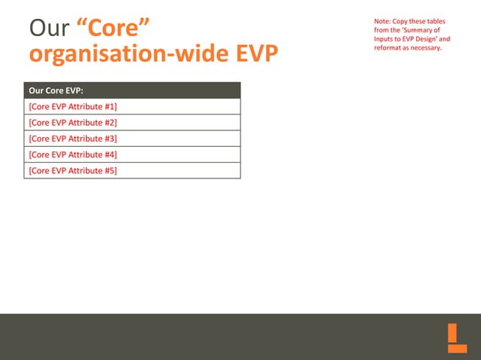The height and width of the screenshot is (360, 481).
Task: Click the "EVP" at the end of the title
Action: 248,55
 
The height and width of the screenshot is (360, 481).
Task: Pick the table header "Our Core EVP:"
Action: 56,90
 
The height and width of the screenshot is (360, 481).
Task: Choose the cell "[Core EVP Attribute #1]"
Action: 72,106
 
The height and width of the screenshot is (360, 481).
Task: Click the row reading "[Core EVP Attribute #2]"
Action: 72,122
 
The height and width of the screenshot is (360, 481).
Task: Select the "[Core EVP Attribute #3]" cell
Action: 72,139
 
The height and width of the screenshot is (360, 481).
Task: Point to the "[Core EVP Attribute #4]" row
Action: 72,154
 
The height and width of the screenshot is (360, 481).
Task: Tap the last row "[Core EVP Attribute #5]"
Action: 72,170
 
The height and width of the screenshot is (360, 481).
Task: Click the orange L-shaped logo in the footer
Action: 457,338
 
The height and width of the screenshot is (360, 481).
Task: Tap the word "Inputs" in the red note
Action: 384,38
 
